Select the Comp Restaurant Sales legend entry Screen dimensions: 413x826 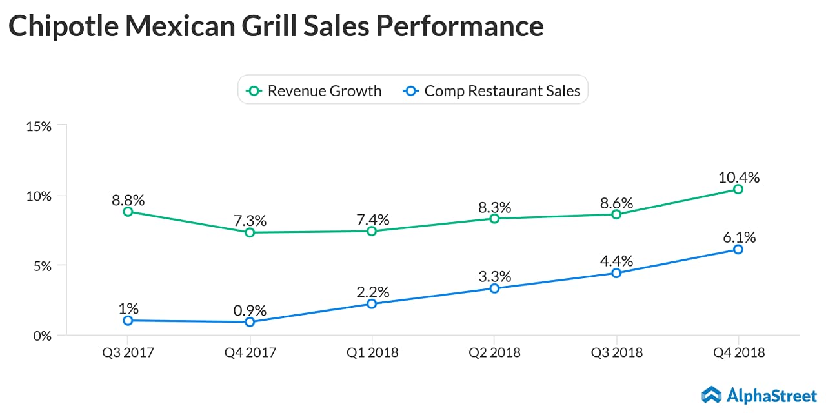point(493,91)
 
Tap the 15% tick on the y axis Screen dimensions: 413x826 point(39,126)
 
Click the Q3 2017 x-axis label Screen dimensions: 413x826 point(127,353)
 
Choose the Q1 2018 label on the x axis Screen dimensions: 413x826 point(372,353)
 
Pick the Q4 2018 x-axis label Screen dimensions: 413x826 point(738,353)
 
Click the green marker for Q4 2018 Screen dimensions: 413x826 point(738,189)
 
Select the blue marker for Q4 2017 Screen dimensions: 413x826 point(250,322)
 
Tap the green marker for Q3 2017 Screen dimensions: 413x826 point(128,212)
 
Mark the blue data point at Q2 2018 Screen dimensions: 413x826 point(494,288)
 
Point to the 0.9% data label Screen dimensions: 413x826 point(250,310)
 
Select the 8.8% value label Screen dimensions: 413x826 point(128,199)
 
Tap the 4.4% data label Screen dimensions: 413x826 point(616,261)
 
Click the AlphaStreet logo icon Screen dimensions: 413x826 point(712,394)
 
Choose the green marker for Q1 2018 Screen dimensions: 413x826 point(372,231)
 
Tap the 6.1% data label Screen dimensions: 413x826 point(739,237)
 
